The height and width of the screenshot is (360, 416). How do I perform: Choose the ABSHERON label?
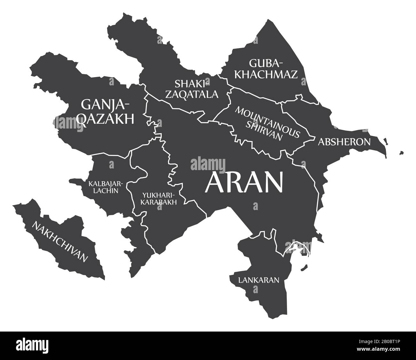click(344, 142)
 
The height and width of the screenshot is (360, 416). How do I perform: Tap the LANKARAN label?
click(259, 280)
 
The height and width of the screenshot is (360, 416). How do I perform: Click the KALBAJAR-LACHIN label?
click(104, 187)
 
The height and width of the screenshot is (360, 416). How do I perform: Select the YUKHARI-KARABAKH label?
click(159, 198)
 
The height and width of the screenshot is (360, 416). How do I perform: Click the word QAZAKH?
click(106, 119)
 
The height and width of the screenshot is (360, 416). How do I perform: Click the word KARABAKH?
click(159, 202)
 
